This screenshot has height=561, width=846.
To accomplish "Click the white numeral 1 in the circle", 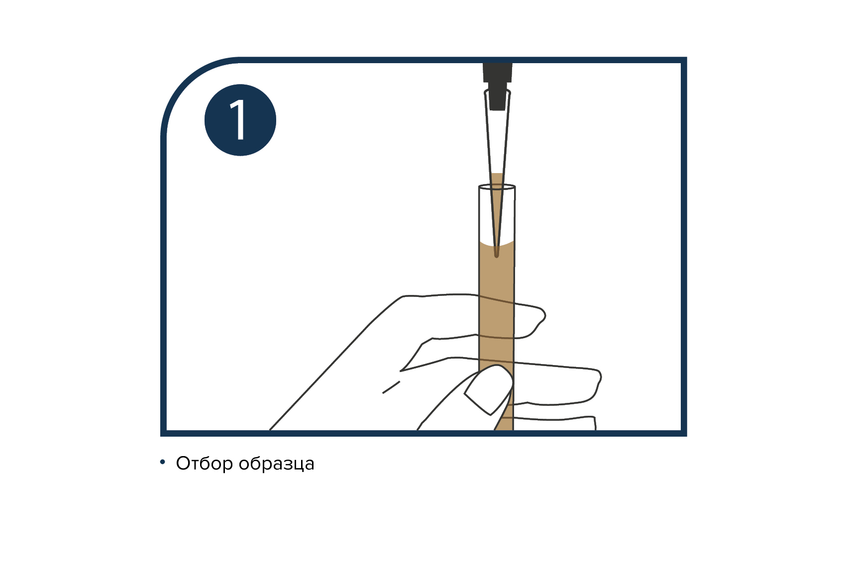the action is coord(239,120).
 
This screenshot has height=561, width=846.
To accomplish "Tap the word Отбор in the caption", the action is coord(205,464).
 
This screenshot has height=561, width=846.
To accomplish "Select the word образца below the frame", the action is coord(277,465).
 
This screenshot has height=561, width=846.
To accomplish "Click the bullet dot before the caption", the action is coord(163,462).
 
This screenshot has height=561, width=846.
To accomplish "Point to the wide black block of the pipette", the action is coord(498,73).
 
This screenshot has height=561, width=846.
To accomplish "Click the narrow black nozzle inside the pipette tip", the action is coord(497,96).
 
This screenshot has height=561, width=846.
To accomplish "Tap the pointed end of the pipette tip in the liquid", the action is coord(497,257).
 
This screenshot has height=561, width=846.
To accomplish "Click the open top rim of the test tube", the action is coord(497,187).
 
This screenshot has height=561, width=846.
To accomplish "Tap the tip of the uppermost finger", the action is coord(544,314).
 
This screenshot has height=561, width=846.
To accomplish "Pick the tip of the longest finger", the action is coord(600,377).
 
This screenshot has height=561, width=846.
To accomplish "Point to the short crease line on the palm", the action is coord(391,387).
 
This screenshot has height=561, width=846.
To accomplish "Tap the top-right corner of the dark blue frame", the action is coord(684,60).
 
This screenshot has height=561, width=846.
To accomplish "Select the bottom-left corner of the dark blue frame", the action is coord(164,433).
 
